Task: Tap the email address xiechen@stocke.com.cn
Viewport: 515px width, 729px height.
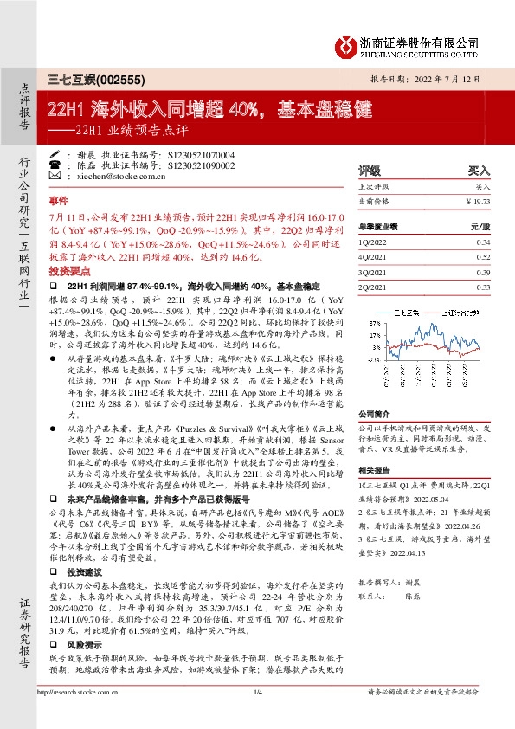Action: point(113,175)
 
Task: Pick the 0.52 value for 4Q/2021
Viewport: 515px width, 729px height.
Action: point(483,257)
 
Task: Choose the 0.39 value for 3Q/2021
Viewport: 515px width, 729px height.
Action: point(483,272)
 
